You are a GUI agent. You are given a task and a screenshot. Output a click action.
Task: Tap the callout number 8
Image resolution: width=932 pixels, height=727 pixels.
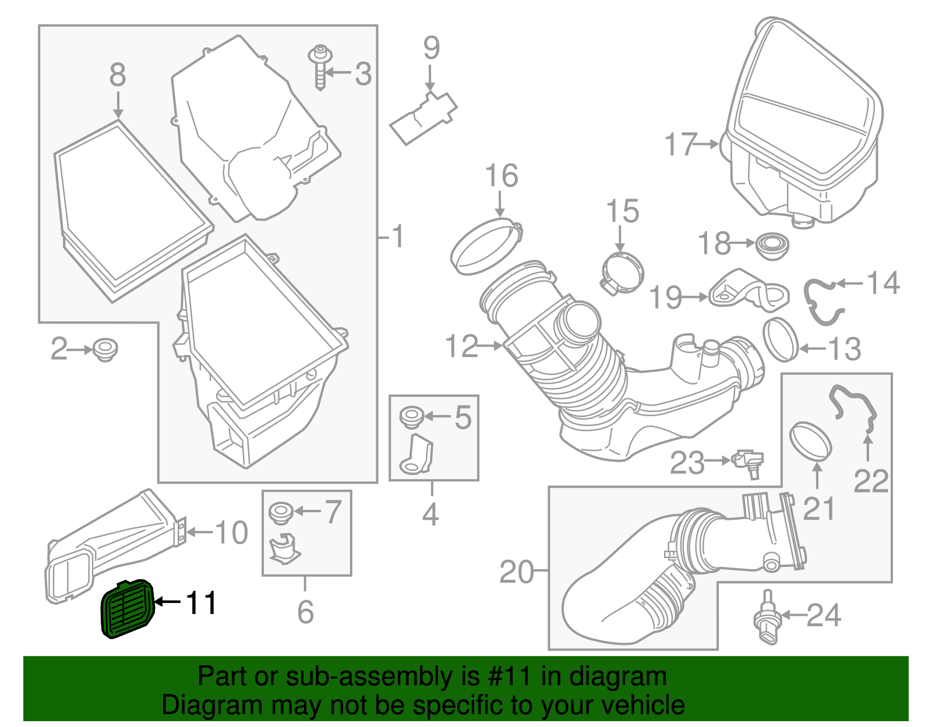(118, 76)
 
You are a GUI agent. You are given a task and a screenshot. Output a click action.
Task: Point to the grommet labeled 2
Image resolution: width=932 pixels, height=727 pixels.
(105, 349)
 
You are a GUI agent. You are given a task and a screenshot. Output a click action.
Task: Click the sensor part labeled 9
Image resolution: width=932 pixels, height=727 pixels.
(423, 116)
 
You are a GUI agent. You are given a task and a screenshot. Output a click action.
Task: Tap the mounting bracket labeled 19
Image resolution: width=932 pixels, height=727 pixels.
(749, 291)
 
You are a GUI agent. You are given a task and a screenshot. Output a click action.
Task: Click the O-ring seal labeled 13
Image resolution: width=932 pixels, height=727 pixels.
(781, 339)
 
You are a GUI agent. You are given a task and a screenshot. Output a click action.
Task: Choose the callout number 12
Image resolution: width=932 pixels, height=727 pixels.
(462, 346)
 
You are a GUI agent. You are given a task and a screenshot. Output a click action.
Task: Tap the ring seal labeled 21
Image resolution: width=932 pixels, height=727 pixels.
(810, 442)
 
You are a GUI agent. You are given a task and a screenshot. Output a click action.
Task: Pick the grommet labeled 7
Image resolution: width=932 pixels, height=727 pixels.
(281, 513)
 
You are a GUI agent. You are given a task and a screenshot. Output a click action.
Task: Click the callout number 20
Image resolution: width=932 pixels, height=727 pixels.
(517, 572)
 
